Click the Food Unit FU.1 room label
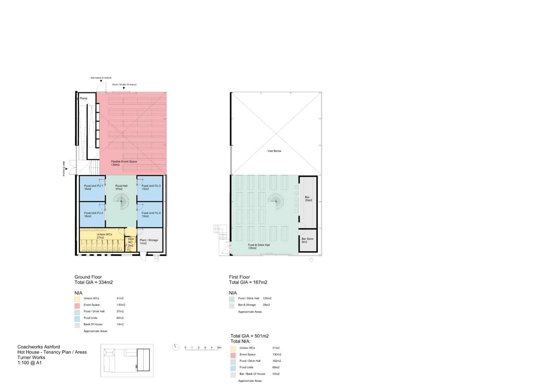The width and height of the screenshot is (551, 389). pos(93,186)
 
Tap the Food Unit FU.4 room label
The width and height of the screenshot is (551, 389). pos(151,213)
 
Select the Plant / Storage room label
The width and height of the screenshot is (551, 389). pos(149,240)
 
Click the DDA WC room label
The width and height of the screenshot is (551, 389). pos(131,240)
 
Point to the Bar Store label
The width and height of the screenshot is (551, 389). pos(308,239)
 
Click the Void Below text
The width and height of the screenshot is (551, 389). pos(274,151)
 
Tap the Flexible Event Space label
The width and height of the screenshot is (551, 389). pos(124,162)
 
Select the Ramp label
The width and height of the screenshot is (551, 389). pos(84,98)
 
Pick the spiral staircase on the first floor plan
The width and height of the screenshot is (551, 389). pos(276,201)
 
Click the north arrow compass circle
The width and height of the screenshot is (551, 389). pos(176,348)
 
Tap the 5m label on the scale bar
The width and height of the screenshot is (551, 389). pos(219,348)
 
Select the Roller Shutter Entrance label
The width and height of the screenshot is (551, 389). pos(125,85)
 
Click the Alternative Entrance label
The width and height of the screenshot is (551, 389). pos(101,78)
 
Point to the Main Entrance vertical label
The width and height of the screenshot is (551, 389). pos(64,169)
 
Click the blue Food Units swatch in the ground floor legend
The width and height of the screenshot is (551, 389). pos(77,319)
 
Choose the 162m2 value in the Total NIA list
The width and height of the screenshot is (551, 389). pos(277,361)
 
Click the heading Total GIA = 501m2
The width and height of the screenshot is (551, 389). pos(249,336)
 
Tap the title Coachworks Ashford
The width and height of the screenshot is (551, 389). pos(39,347)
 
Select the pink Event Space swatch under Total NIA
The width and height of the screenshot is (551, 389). pos(233,355)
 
